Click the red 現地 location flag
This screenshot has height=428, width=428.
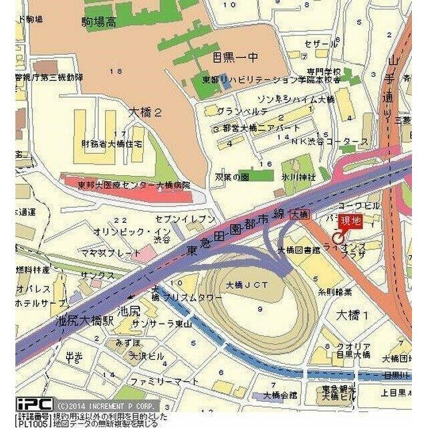pyautogui.click(x=350, y=221)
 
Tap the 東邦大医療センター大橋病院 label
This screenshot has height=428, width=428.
pyautogui.click(x=134, y=185)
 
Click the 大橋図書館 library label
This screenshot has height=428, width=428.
pyautogui.click(x=298, y=250)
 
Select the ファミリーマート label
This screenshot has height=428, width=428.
pyautogui.click(x=165, y=381)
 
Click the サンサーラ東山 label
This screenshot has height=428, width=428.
pyautogui.click(x=162, y=324)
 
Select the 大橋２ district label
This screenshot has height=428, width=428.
pyautogui.click(x=144, y=113)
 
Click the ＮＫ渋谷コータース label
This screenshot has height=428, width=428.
pyautogui.click(x=330, y=142)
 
